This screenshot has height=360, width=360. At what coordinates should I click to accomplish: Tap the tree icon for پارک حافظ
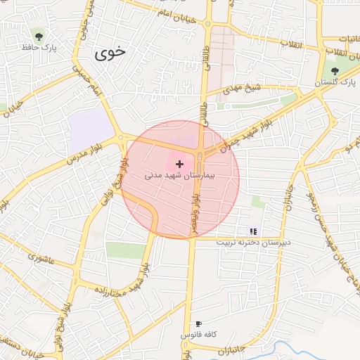(x=38, y=36)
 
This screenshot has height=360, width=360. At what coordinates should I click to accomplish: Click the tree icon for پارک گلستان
(x=334, y=71)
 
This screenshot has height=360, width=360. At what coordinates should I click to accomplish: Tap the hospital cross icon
(x=179, y=163)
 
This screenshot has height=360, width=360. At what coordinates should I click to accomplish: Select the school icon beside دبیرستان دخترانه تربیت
(x=253, y=231)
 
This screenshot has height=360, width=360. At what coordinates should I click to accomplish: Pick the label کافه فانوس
(x=199, y=335)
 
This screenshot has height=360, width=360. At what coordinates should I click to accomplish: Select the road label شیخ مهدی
(x=243, y=89)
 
